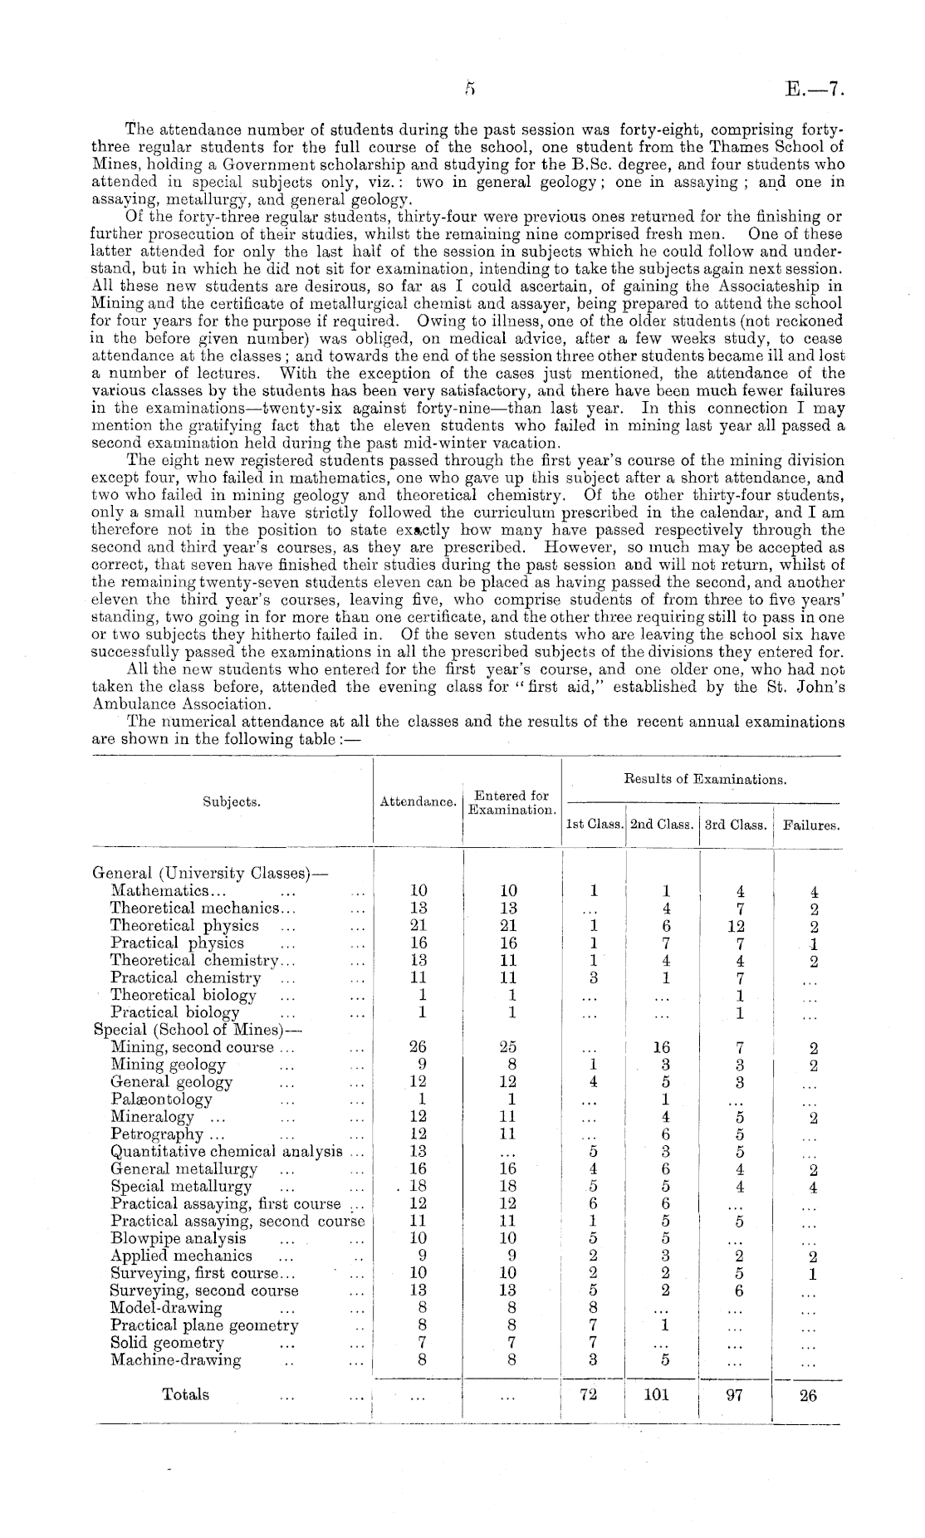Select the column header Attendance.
418,802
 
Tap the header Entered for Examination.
511,802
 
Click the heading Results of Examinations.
704,779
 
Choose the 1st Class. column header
594,825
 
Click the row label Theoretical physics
184,925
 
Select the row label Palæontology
161,1100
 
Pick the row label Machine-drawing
176,1360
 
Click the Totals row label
185,1394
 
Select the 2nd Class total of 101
656,1395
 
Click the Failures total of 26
808,1395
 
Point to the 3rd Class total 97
733,1395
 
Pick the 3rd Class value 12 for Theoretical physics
736,926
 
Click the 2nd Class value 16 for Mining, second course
662,1047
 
